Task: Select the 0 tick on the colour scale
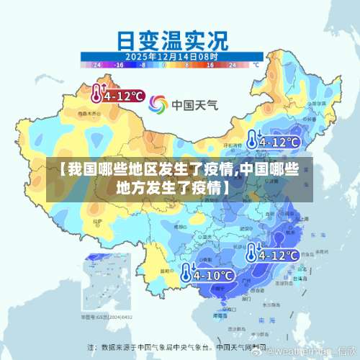point(164,64)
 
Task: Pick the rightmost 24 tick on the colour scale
point(232,64)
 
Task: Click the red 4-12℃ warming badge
point(118,94)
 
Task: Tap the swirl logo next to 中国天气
point(158,104)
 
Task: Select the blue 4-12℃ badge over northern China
point(273,140)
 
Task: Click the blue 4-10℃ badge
point(207,274)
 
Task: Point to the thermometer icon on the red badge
point(96,94)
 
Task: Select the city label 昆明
point(166,270)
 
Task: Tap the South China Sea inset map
point(108,287)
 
